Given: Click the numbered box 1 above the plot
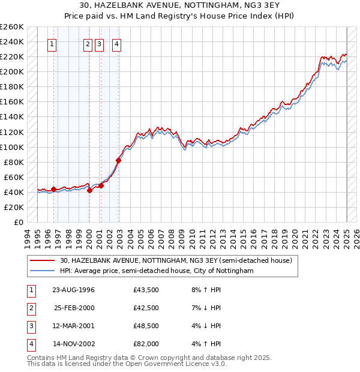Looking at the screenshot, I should click(53, 43).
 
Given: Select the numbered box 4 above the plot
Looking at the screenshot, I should click(116, 43).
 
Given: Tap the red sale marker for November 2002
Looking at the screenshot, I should click(119, 160).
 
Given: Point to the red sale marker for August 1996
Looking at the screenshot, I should click(53, 189).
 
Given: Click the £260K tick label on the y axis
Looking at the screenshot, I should click(12, 27).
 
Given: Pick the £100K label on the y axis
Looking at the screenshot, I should click(12, 147).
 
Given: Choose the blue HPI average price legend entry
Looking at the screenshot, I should click(157, 271).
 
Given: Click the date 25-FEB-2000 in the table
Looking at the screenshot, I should click(74, 308).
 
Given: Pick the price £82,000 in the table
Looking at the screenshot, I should click(146, 344).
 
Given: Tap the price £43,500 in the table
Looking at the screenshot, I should click(146, 290).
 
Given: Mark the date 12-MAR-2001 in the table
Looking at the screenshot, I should click(74, 326).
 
